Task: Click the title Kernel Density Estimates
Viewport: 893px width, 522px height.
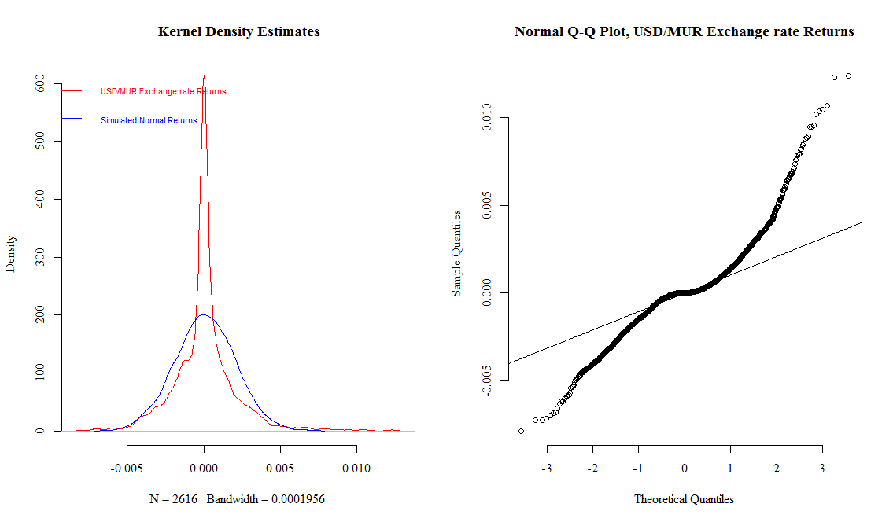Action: [x=238, y=32]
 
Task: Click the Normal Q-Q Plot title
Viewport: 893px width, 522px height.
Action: [x=684, y=32]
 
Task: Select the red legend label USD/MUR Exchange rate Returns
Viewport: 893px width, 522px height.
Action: [x=163, y=91]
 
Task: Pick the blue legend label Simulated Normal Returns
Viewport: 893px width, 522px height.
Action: [x=149, y=121]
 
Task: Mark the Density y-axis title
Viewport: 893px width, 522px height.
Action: [x=11, y=254]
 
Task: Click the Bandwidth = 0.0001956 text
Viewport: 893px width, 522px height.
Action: [x=266, y=499]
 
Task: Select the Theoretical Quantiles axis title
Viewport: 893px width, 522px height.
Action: [x=684, y=499]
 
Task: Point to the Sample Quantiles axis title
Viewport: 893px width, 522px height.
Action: [x=456, y=253]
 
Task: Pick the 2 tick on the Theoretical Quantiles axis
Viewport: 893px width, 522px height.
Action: [x=777, y=469]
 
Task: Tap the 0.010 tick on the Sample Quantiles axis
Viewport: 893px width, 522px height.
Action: [x=485, y=118]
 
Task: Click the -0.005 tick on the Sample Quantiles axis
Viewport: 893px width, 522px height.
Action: [x=485, y=380]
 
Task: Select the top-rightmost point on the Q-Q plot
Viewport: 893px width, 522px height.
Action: [x=848, y=75]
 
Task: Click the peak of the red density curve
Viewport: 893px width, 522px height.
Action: [x=204, y=77]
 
